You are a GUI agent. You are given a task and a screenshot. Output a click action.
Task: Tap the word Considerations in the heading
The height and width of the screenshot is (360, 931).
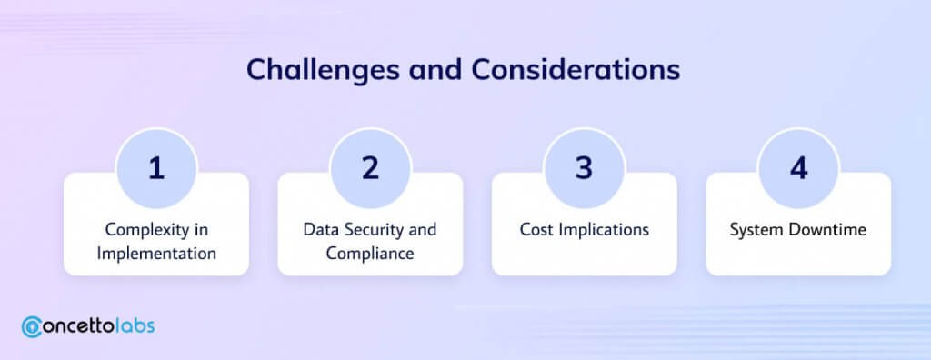tap(576, 69)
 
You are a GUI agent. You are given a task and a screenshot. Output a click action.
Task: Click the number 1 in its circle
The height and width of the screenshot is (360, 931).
tap(156, 169)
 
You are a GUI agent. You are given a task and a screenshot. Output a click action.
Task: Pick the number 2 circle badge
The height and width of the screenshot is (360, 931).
tap(371, 168)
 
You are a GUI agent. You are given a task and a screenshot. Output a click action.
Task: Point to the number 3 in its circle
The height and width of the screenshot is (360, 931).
tap(585, 168)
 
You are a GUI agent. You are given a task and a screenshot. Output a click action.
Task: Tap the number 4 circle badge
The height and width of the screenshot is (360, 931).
tap(798, 168)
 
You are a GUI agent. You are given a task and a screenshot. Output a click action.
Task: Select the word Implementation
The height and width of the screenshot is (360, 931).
tap(156, 255)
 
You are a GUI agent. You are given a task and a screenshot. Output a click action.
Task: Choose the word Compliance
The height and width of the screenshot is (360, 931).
tap(370, 255)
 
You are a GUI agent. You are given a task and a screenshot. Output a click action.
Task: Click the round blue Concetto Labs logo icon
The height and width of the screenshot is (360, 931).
tap(32, 326)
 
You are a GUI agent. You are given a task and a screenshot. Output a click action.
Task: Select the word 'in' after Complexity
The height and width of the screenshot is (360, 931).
tap(202, 229)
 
